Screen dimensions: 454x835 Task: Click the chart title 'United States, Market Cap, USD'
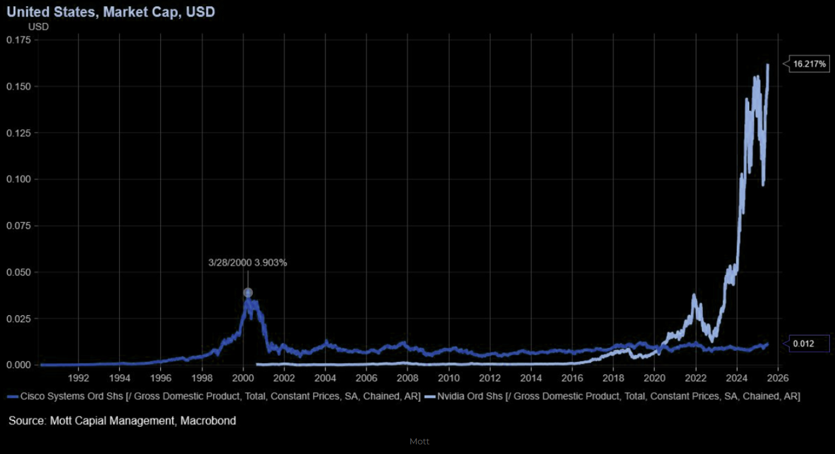click(x=111, y=11)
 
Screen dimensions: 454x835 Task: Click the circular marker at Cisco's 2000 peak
click(x=248, y=293)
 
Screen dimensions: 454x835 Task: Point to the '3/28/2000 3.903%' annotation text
click(x=247, y=263)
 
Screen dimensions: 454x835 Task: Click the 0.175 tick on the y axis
click(x=19, y=40)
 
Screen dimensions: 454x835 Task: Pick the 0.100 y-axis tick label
click(x=19, y=179)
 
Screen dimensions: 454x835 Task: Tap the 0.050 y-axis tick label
click(x=19, y=272)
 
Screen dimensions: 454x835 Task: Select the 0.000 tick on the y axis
click(x=19, y=365)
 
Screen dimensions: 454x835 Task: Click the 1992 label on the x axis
click(x=78, y=378)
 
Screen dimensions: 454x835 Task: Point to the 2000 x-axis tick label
click(x=243, y=378)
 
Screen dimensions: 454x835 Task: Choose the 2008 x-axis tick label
click(x=408, y=378)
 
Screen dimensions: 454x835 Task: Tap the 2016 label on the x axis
click(x=572, y=378)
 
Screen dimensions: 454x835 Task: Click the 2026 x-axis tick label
click(x=778, y=378)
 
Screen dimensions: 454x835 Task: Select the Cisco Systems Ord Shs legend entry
click(x=216, y=396)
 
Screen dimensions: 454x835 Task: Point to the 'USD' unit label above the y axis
click(x=38, y=26)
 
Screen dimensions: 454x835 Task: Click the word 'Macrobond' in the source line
click(x=208, y=421)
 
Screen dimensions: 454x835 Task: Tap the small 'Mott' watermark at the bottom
click(x=420, y=441)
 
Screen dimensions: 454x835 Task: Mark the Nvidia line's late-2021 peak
click(x=694, y=295)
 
